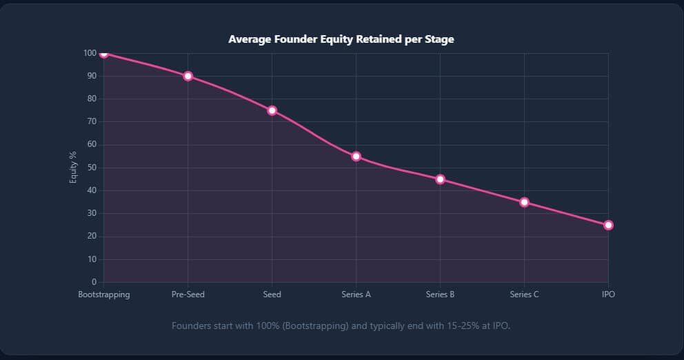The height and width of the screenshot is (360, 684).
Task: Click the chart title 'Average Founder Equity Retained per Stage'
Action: [341, 39]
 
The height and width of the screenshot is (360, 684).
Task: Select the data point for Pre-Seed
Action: [188, 76]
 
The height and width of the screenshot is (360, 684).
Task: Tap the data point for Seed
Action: [272, 110]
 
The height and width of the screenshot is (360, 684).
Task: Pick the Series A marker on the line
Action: [356, 157]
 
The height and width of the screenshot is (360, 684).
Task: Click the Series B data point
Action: [440, 179]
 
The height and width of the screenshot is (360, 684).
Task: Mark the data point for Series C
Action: [524, 202]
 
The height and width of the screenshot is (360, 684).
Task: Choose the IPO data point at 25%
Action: [607, 225]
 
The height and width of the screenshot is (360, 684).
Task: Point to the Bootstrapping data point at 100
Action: [104, 54]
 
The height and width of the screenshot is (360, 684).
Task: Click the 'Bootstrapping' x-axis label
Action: [104, 294]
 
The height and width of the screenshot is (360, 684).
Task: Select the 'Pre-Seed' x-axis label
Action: [188, 294]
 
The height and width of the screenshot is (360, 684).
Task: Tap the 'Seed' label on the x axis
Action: [272, 294]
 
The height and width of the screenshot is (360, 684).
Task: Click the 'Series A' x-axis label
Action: [356, 294]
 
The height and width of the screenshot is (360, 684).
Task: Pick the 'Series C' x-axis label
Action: [524, 294]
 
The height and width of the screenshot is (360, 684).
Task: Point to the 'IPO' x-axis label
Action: [607, 294]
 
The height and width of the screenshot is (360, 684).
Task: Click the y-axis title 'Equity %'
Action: [73, 168]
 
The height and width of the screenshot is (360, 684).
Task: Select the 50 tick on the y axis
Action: [91, 168]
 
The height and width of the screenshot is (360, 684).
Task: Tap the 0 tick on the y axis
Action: [93, 282]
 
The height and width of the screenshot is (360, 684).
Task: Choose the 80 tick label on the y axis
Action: [91, 99]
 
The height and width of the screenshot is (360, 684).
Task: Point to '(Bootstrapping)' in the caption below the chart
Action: [314, 326]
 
